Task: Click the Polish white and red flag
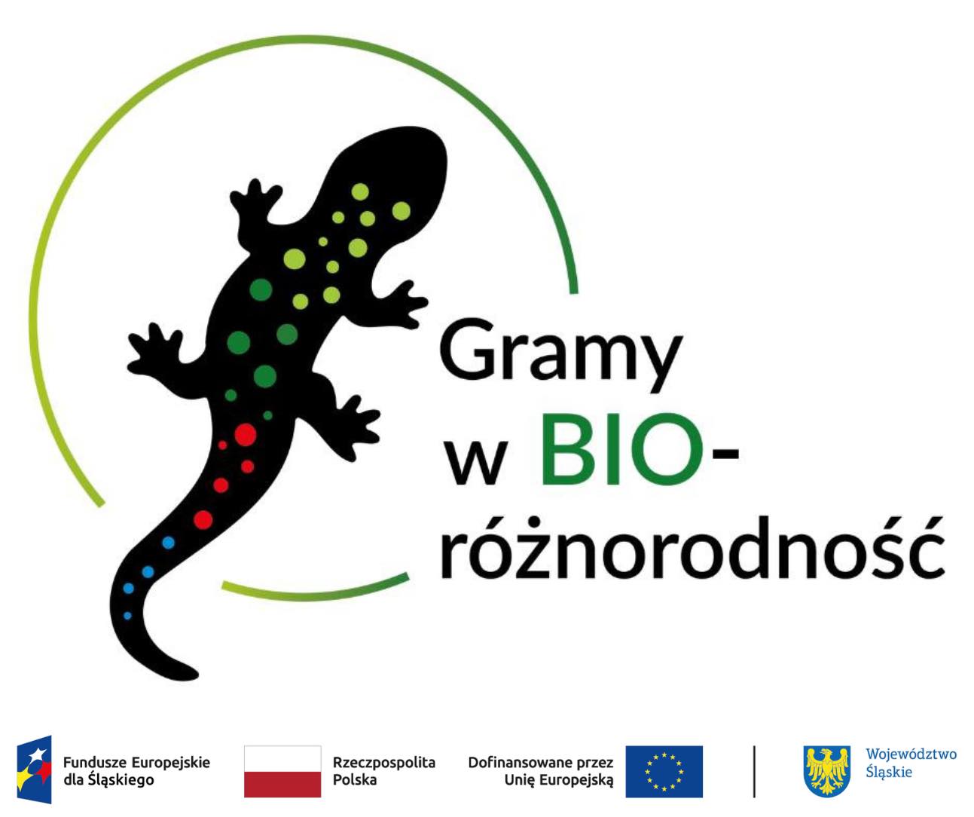[282, 771]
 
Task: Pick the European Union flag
[664, 771]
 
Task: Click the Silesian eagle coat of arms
[827, 771]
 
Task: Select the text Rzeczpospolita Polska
[384, 771]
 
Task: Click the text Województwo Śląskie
[911, 763]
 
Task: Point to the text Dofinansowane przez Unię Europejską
[541, 772]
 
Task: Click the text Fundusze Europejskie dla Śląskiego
[136, 772]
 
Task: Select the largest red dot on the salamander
[246, 435]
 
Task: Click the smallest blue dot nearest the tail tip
[127, 616]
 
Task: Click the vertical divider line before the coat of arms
[754, 771]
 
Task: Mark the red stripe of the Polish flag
[282, 785]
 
